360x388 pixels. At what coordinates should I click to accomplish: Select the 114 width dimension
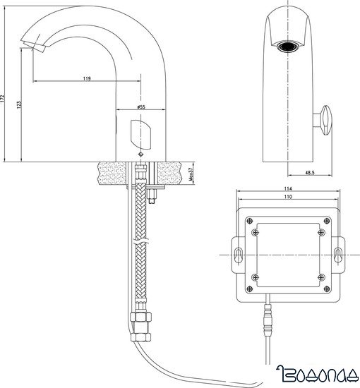[x=289, y=188]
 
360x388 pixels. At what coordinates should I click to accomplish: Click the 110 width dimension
[x=289, y=198]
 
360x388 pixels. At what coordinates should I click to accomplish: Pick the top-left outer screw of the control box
[x=251, y=220]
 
